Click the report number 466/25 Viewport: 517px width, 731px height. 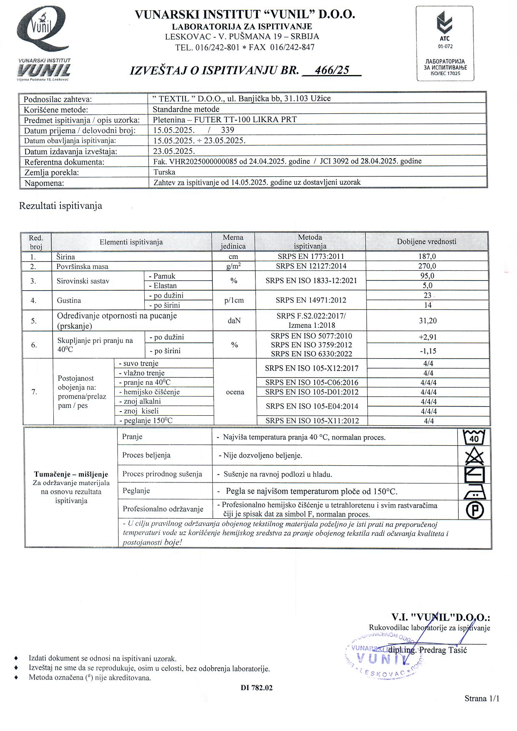coord(332,70)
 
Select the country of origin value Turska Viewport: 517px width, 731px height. coord(164,172)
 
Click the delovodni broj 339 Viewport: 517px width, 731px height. coord(227,130)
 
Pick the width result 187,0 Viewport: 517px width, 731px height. coord(427,256)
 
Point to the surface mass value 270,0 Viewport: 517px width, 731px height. coord(427,266)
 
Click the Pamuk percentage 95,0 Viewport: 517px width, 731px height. coord(427,276)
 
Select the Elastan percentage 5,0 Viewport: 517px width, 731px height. coord(427,286)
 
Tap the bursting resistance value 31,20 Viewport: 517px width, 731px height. coord(427,321)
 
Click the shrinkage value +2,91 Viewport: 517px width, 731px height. coord(428,337)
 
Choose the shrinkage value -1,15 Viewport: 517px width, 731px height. coord(428,351)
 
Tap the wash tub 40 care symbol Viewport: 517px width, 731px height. coord(474,437)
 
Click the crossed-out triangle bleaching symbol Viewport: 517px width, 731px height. coord(474,456)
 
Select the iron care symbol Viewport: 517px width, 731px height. coord(474,492)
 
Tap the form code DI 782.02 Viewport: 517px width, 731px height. coord(256,688)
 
